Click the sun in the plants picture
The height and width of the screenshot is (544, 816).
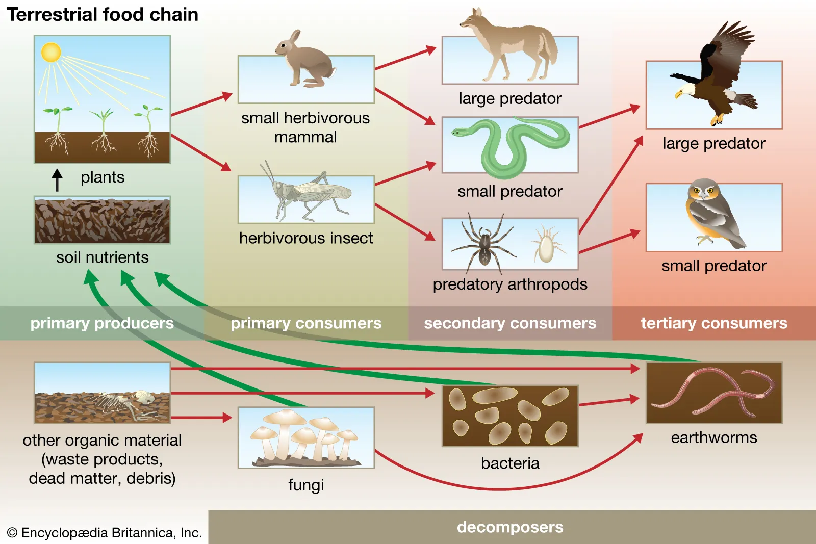click(51, 53)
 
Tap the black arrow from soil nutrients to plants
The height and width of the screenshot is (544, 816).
click(57, 180)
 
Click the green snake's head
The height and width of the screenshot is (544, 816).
click(459, 132)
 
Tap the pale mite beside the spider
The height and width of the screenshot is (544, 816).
click(546, 245)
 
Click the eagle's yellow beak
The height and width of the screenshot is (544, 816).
click(679, 95)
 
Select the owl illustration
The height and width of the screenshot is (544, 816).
click(711, 212)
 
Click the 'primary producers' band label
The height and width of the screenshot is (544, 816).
click(102, 323)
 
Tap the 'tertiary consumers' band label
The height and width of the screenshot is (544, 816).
click(713, 323)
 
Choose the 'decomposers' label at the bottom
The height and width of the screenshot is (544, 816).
click(510, 527)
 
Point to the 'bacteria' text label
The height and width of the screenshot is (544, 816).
click(510, 463)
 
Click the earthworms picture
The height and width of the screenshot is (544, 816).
click(714, 393)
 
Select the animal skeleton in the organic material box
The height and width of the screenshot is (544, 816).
click(122, 403)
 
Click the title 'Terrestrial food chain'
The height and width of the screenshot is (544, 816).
click(102, 14)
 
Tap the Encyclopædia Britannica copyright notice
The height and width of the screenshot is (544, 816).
click(105, 533)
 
